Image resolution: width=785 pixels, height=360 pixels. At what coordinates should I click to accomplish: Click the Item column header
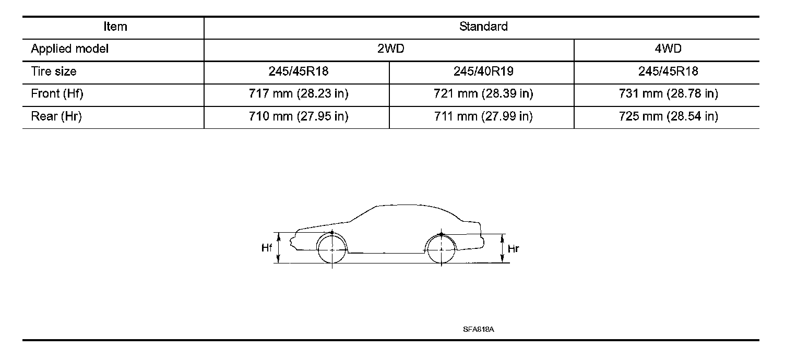tap(115, 27)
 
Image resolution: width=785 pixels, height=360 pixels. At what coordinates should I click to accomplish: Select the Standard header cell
tap(483, 27)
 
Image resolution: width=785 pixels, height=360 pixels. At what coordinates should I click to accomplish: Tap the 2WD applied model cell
tap(391, 49)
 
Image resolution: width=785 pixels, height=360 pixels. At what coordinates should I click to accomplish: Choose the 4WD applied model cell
tap(668, 49)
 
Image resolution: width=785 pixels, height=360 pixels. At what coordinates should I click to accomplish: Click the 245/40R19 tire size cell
tap(483, 71)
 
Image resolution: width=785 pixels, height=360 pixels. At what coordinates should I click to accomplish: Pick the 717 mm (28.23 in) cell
tap(299, 94)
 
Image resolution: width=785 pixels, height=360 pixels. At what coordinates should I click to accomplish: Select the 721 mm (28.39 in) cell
tap(483, 94)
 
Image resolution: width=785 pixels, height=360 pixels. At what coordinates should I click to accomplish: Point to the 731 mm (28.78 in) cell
tap(668, 94)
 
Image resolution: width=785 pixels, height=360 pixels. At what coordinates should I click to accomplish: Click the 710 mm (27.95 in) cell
tap(299, 116)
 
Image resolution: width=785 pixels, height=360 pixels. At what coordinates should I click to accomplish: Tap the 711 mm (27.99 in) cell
tap(483, 116)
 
